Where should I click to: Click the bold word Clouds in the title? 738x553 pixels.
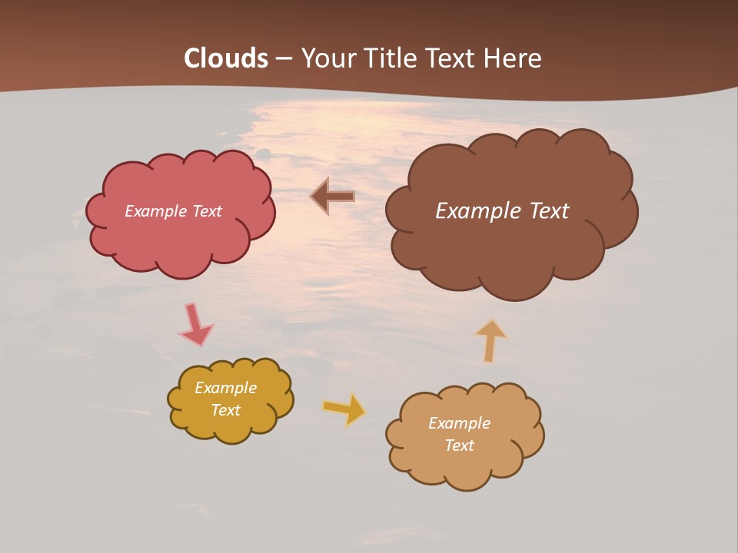(226, 58)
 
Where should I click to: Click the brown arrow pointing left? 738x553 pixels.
(332, 197)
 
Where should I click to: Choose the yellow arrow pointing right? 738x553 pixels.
(344, 409)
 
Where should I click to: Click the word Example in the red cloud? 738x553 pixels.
(156, 211)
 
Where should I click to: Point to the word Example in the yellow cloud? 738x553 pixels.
(225, 388)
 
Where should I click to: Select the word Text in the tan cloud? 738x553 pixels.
(459, 445)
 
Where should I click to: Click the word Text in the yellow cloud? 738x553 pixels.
(225, 410)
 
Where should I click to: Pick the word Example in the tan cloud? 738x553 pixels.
(459, 423)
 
